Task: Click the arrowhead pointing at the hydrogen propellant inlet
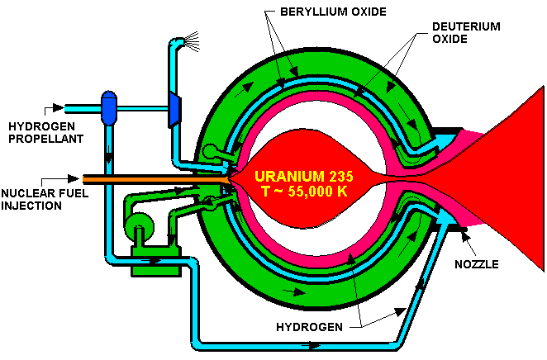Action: tap(58, 107)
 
